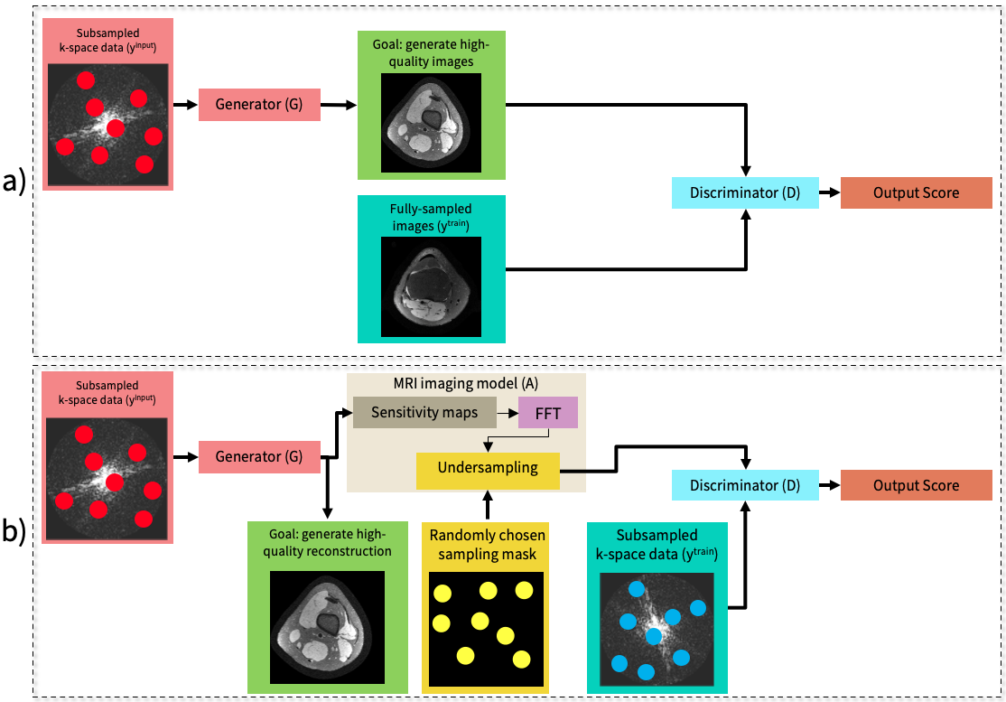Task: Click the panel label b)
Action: pos(15,532)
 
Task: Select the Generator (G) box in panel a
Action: pos(259,105)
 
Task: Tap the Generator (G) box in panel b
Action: pos(259,457)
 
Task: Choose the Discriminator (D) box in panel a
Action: pos(745,192)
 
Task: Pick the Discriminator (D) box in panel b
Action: pos(745,485)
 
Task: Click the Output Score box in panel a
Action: pos(916,192)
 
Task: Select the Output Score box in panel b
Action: pos(916,485)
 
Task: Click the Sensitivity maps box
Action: pos(424,413)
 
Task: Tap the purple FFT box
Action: pos(547,413)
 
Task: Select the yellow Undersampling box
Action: pos(488,468)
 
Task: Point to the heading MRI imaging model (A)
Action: pos(467,383)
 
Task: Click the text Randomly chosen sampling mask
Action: pos(487,544)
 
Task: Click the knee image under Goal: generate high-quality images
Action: pos(431,121)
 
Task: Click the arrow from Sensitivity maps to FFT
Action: pos(507,413)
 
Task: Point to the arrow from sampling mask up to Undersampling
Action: pos(488,507)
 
